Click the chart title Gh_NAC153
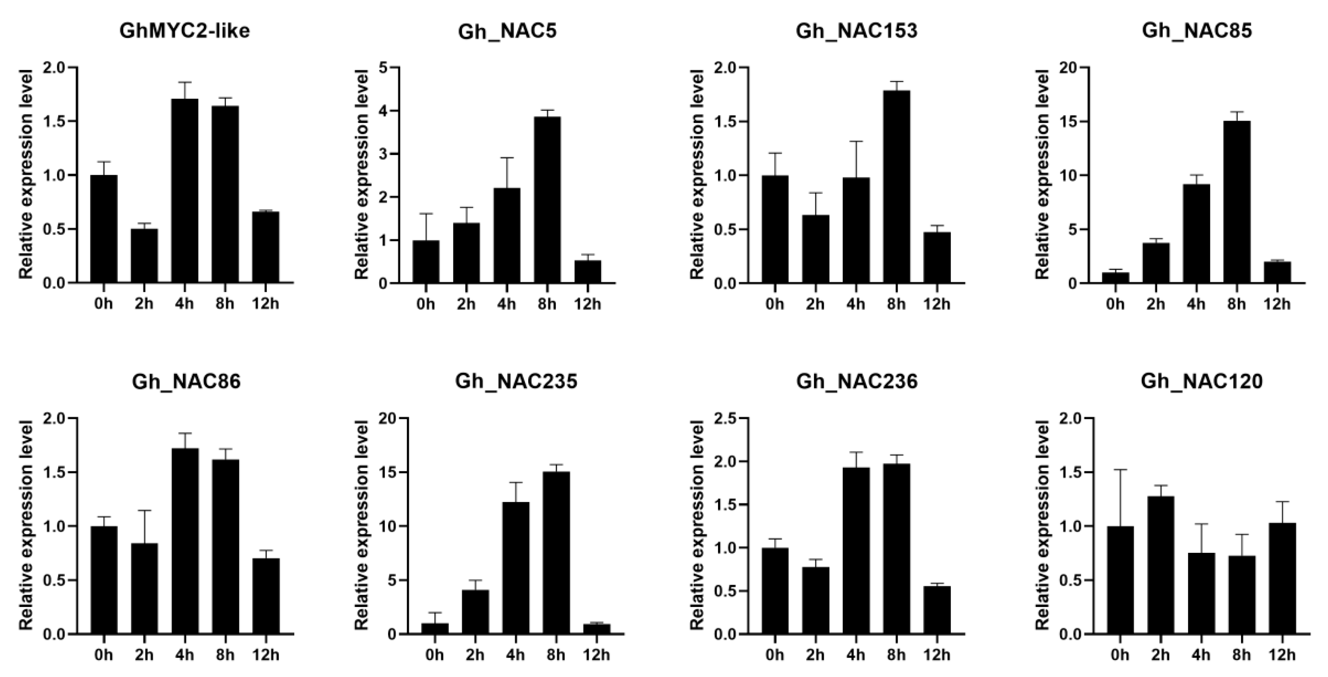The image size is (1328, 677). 856,32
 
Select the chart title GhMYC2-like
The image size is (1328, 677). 185,32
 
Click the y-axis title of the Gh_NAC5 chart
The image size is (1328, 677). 362,175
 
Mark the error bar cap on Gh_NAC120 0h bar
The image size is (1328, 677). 1120,470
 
